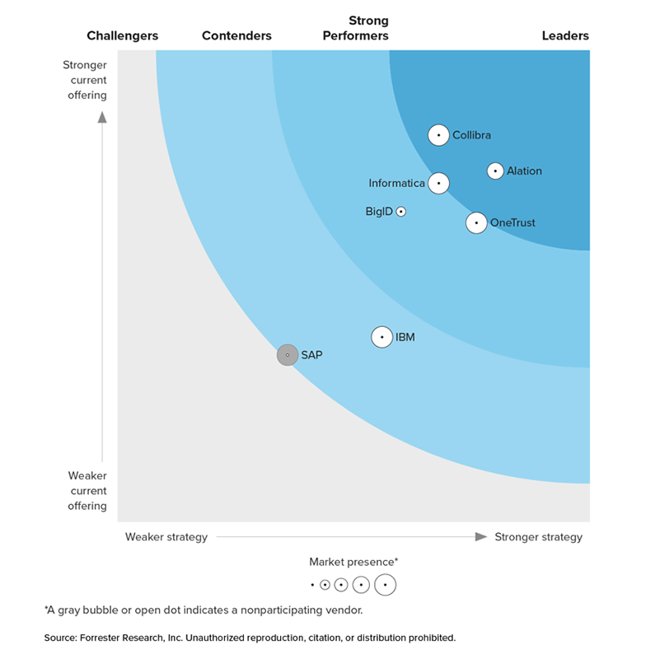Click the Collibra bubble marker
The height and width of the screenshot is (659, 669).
(x=438, y=135)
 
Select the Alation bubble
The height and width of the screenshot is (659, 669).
(x=495, y=171)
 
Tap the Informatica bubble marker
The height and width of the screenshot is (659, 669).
(x=439, y=183)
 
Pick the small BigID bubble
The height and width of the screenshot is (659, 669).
(x=401, y=212)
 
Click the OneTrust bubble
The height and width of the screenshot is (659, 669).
(x=476, y=222)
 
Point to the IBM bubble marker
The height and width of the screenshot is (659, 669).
(x=381, y=337)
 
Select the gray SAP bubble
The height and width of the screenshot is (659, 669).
(x=287, y=355)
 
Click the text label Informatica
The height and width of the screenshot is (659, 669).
(x=397, y=184)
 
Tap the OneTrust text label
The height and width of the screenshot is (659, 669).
(x=512, y=222)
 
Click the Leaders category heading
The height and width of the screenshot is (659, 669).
(x=565, y=35)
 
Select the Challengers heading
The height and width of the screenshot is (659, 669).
(x=123, y=35)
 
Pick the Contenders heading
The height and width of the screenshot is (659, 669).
(x=236, y=35)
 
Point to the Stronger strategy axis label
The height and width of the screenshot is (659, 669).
(x=538, y=537)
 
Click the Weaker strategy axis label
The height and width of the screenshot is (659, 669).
(x=166, y=537)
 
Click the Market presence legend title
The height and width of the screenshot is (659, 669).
(x=353, y=562)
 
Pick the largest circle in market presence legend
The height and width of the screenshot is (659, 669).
(x=385, y=585)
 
